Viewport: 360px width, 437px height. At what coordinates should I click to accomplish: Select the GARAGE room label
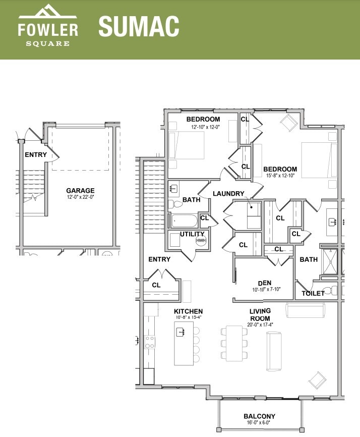pyautogui.click(x=80, y=191)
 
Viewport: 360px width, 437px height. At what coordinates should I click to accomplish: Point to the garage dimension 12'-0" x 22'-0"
pyautogui.click(x=80, y=197)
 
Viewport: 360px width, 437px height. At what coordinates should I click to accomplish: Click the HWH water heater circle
pyautogui.click(x=201, y=240)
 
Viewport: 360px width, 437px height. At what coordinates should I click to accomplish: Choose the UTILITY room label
pyautogui.click(x=192, y=234)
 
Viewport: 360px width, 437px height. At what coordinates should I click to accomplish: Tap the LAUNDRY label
pyautogui.click(x=228, y=194)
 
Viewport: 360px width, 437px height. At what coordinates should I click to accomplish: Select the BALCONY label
pyautogui.click(x=259, y=416)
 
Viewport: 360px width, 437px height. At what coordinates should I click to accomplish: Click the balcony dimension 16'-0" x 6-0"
pyautogui.click(x=259, y=423)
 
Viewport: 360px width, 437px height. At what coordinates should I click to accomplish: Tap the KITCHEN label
pyautogui.click(x=189, y=311)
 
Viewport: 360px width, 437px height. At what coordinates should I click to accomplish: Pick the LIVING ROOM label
pyautogui.click(x=260, y=314)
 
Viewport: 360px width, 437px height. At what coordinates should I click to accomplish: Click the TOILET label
pyautogui.click(x=313, y=293)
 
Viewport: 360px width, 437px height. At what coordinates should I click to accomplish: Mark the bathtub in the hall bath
pyautogui.click(x=185, y=221)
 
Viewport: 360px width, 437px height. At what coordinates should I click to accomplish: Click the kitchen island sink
pyautogui.click(x=181, y=332)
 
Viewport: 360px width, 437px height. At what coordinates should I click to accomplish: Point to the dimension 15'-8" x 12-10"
pyautogui.click(x=280, y=176)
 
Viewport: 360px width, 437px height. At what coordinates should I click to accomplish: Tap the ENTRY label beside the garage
pyautogui.click(x=36, y=155)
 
